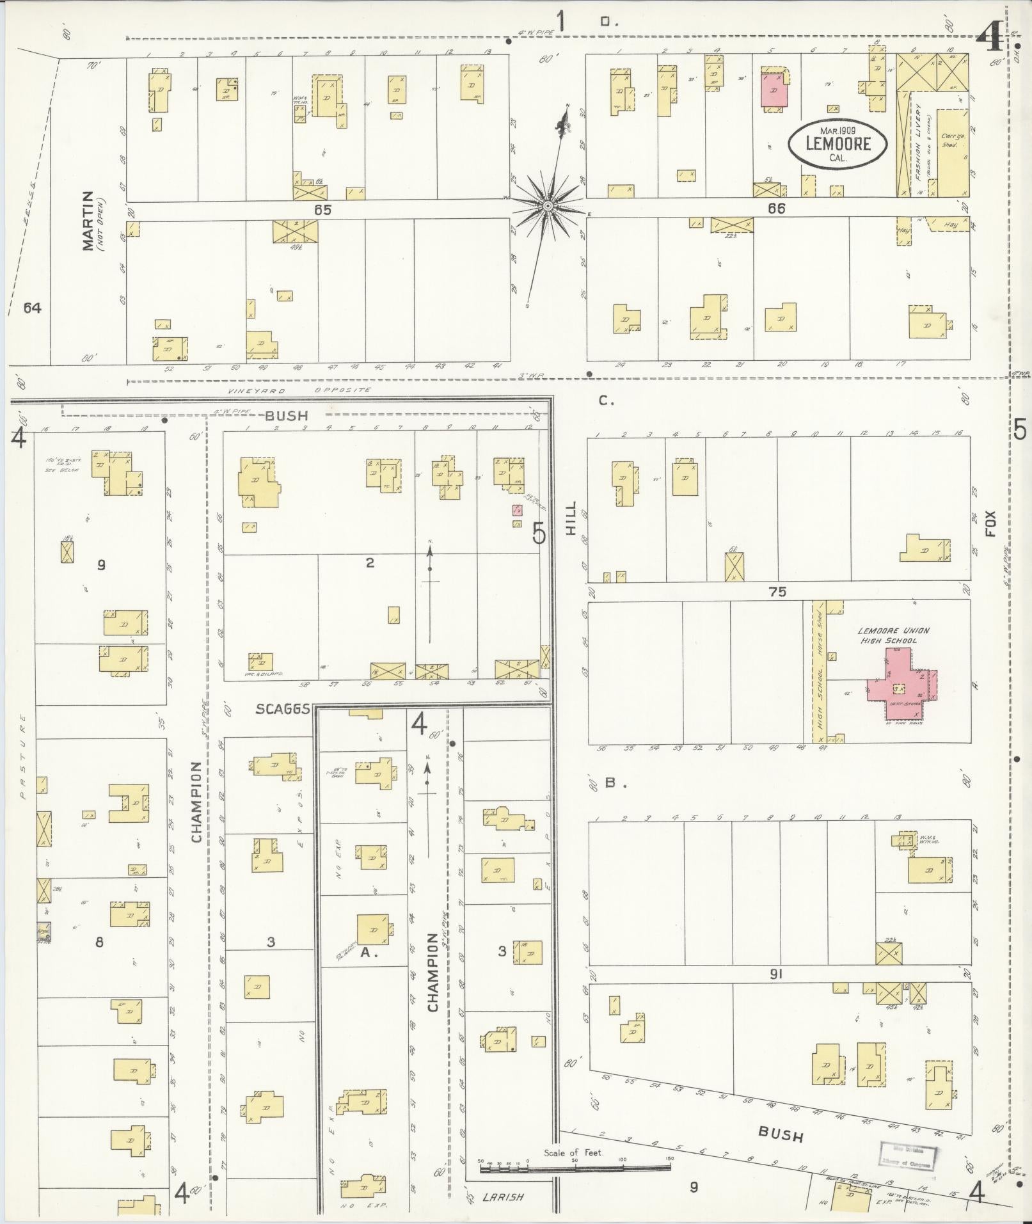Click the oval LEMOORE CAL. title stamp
click(838, 143)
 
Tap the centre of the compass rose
click(548, 206)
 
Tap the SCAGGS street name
click(283, 709)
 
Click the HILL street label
click(571, 518)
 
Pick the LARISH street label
click(504, 1196)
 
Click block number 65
click(322, 209)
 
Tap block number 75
click(777, 592)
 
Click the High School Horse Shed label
click(818, 671)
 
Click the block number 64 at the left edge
click(32, 308)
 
